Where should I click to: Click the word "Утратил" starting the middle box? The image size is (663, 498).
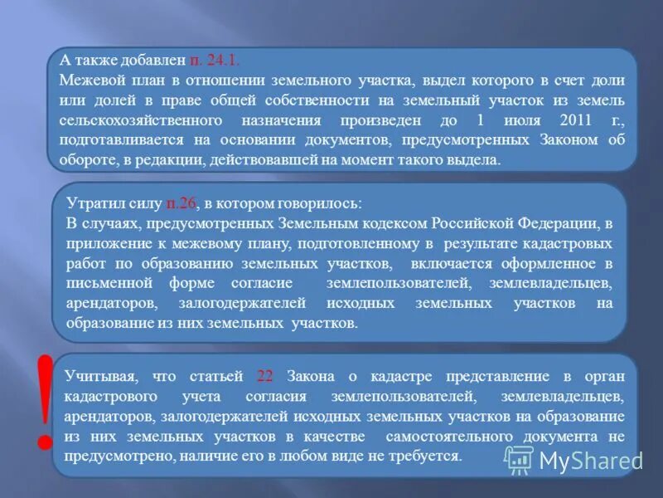pos(92,203)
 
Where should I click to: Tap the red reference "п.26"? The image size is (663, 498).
pos(181,203)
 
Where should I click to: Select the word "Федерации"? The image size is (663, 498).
pos(562,223)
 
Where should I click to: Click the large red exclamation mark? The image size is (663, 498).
pos(45,403)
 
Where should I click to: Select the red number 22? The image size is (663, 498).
pos(265,376)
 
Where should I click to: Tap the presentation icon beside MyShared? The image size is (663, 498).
pos(520,459)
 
